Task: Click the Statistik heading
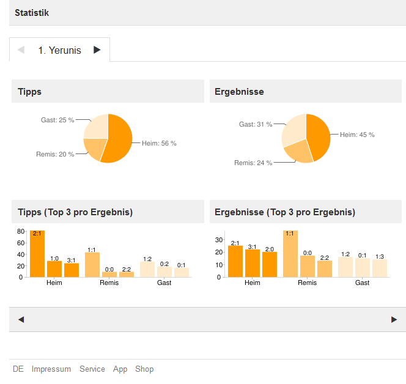(32, 12)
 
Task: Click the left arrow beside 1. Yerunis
(21, 50)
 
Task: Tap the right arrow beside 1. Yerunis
(97, 50)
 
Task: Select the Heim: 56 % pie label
(159, 144)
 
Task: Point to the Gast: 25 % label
(57, 120)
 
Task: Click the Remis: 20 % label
(55, 155)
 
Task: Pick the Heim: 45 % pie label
(357, 135)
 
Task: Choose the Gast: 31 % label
(256, 125)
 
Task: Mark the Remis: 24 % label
(253, 163)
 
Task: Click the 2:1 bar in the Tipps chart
(37, 254)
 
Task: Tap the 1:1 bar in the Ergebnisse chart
(290, 254)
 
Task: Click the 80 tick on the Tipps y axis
(20, 231)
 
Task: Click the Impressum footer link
(51, 369)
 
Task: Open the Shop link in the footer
(144, 369)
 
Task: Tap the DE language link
(18, 369)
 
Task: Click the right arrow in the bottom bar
(394, 319)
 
